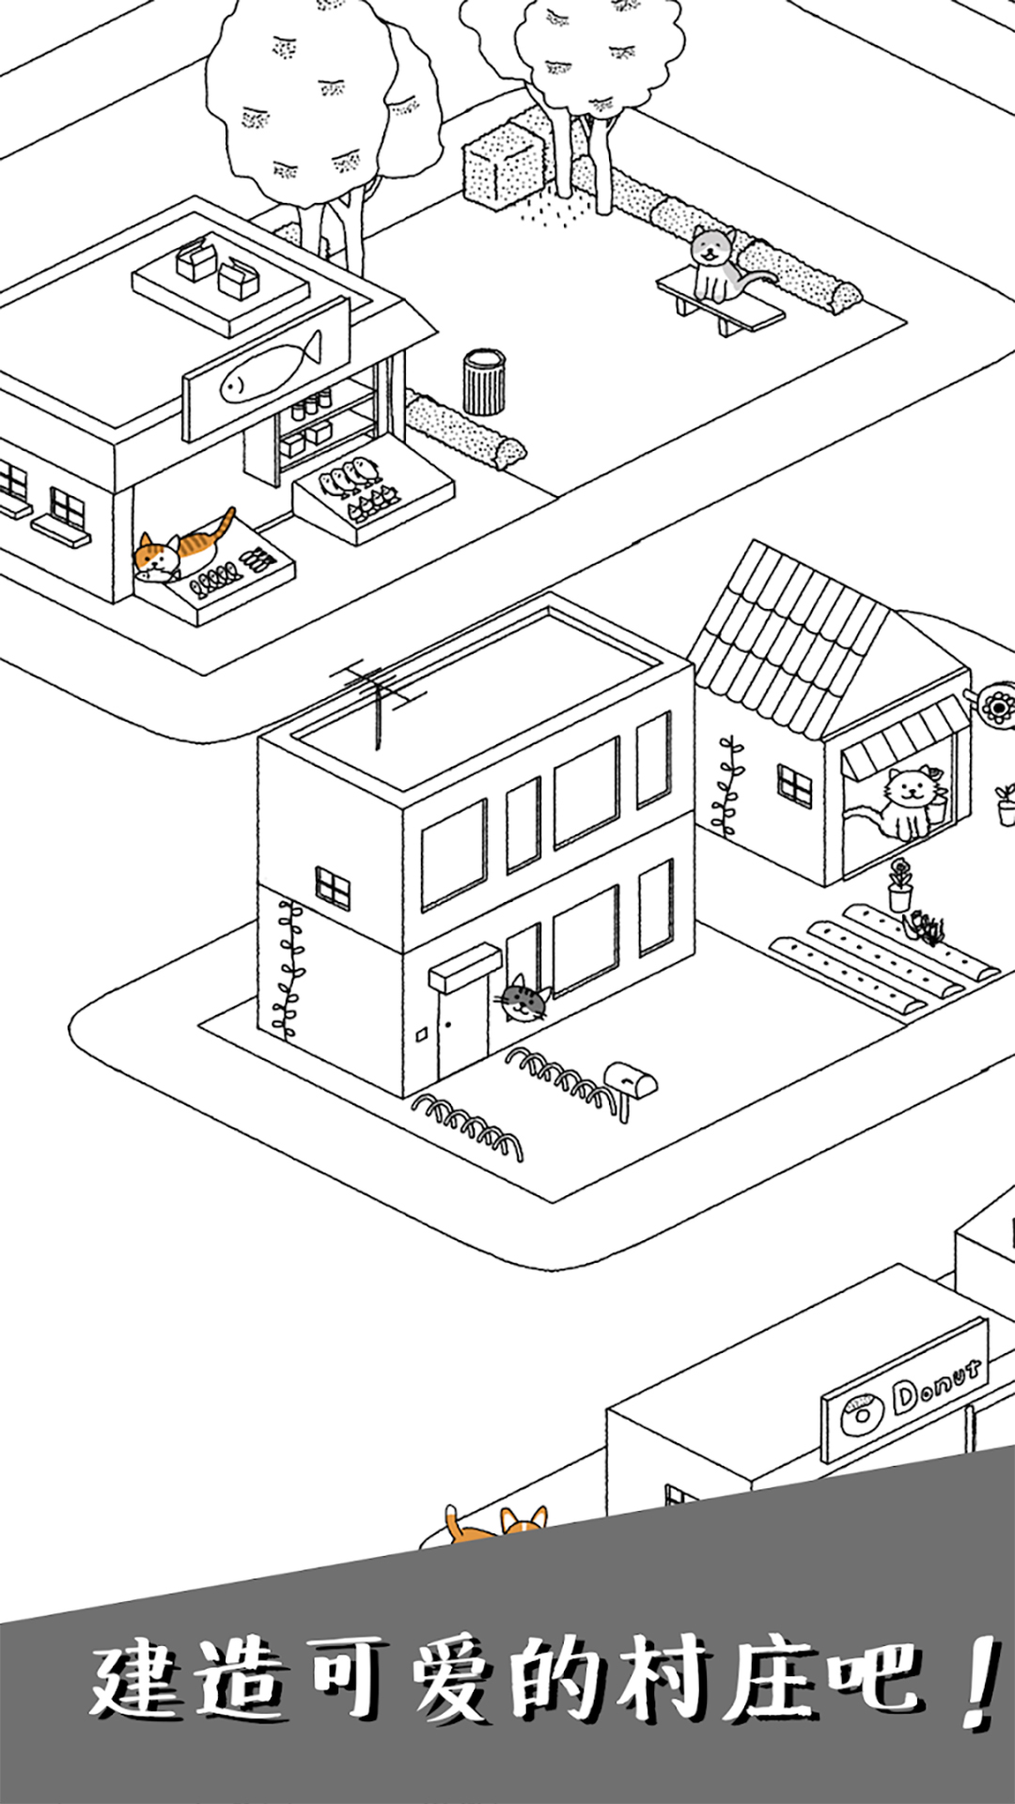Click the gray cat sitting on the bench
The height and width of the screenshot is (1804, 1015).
pyautogui.click(x=719, y=265)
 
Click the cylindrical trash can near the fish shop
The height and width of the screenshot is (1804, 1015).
pyautogui.click(x=484, y=381)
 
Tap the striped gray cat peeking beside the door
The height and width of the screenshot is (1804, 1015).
pyautogui.click(x=523, y=999)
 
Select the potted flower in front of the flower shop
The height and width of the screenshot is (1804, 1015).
pyautogui.click(x=900, y=885)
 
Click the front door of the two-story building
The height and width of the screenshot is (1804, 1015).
pyautogui.click(x=462, y=1028)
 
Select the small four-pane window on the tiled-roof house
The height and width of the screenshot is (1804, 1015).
pyautogui.click(x=795, y=785)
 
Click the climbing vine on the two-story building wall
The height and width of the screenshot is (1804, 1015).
pyautogui.click(x=289, y=968)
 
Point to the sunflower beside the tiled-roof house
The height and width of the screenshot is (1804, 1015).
pyautogui.click(x=996, y=704)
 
